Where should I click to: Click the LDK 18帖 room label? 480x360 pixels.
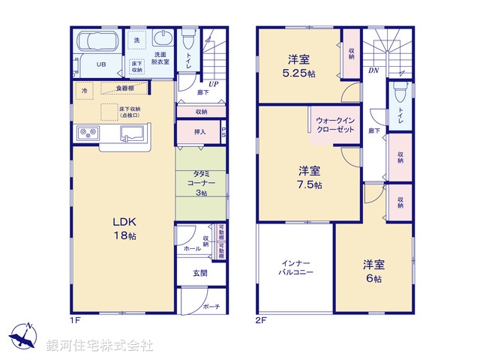click(124, 228)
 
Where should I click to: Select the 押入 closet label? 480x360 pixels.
click(191, 132)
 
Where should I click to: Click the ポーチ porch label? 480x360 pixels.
click(211, 306)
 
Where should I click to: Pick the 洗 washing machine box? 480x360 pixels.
click(136, 40)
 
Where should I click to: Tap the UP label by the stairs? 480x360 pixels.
click(213, 85)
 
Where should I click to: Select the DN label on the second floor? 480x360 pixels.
click(373, 72)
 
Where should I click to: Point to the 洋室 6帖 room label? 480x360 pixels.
click(373, 271)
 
